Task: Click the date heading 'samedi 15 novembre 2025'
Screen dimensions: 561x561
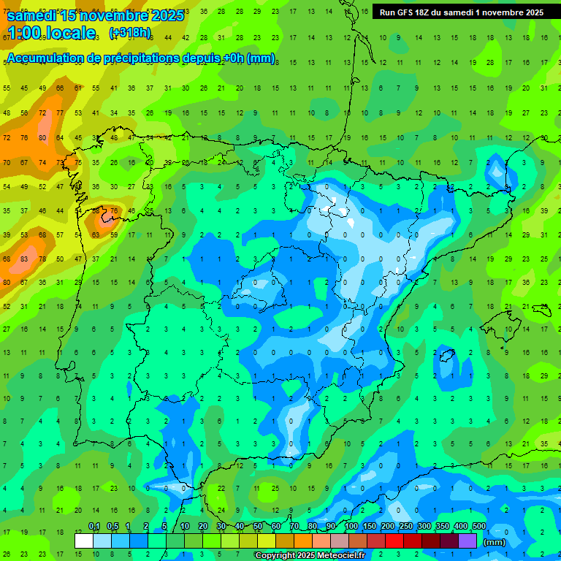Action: pos(95,15)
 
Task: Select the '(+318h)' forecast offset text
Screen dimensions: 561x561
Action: pos(129,33)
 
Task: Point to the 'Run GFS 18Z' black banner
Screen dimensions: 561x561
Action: pos(462,12)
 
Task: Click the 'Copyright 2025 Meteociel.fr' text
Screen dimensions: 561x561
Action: pos(311,556)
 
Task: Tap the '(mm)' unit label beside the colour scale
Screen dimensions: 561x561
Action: pos(495,543)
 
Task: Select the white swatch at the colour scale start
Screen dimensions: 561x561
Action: pos(84,541)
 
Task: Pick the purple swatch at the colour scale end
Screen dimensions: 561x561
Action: pos(467,541)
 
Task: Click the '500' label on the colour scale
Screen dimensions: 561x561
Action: pos(479,527)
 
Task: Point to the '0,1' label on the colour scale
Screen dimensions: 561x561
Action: pos(94,527)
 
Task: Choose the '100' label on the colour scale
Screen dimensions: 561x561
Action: pos(351,527)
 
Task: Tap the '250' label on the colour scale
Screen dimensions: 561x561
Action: pos(406,527)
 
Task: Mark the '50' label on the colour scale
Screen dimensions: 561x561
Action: pos(258,527)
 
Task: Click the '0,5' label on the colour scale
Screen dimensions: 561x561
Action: pos(112,527)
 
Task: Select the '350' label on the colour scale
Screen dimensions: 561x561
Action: pos(443,527)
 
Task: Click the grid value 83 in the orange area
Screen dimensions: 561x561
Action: pos(24,259)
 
